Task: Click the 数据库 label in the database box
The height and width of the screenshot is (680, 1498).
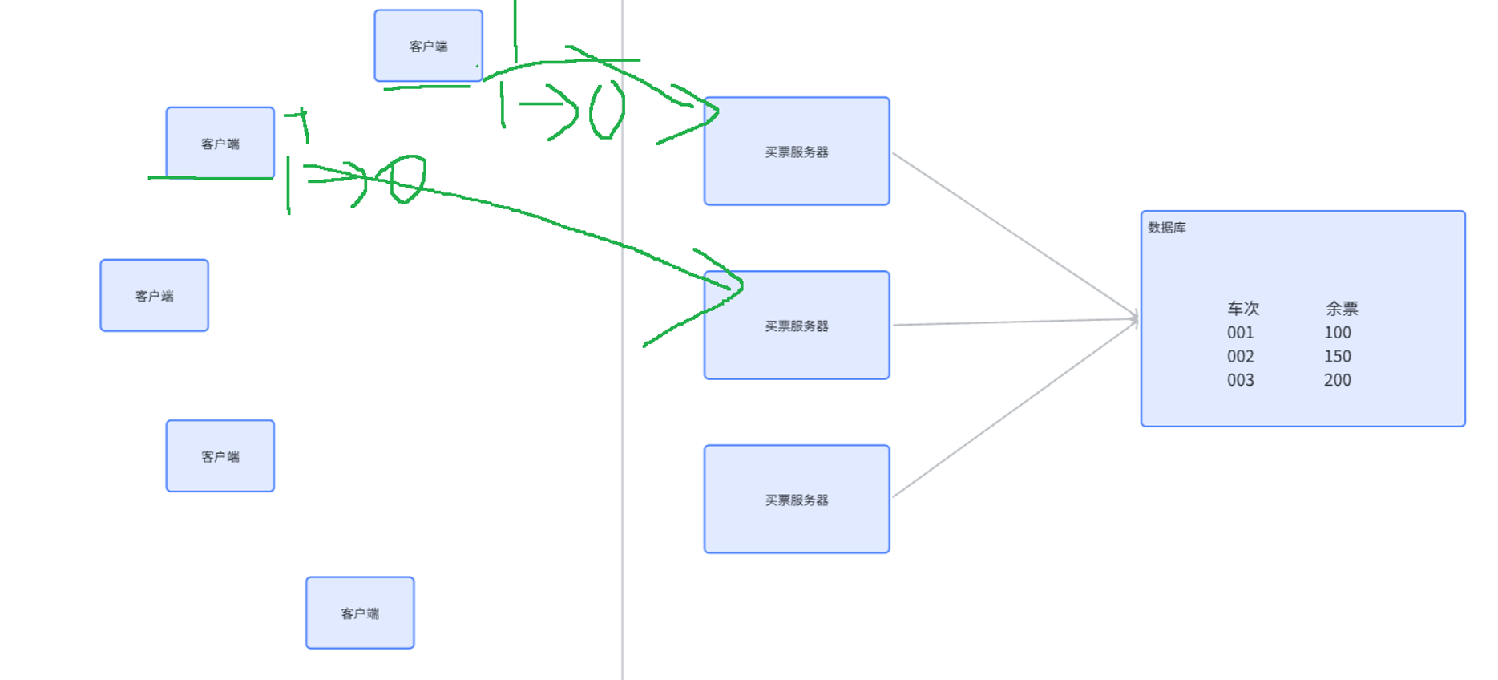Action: (1166, 228)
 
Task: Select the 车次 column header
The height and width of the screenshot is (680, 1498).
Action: (1243, 309)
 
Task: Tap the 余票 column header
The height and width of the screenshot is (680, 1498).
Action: (1341, 309)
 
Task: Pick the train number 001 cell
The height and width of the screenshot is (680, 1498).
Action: (1240, 333)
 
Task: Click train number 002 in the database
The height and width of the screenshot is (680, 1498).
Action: (1240, 357)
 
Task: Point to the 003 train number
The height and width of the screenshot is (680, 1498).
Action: (1240, 380)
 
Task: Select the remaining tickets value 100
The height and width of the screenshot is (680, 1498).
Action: (1337, 333)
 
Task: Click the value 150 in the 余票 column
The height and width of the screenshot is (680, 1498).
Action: (1337, 357)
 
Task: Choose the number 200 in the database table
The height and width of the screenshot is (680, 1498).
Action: (1337, 380)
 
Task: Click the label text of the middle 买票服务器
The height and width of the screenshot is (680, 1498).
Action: (796, 326)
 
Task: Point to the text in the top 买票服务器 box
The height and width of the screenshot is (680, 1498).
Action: (796, 152)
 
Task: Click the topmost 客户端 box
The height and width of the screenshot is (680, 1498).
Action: (428, 46)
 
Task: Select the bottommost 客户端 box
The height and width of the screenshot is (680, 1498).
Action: (360, 613)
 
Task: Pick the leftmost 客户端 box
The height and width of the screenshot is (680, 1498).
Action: (154, 295)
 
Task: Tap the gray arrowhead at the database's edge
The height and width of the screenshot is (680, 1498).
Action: (1134, 318)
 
